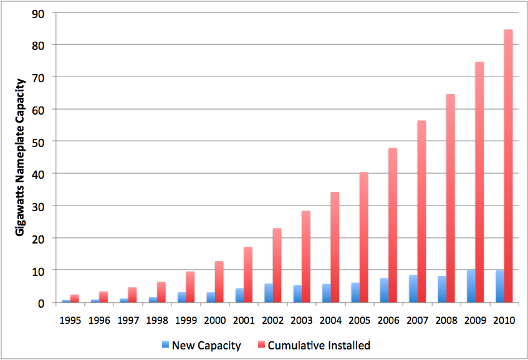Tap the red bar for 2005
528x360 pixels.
point(364,237)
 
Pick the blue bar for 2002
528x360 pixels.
point(268,293)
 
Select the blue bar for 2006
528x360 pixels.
point(384,290)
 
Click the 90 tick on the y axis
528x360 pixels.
point(39,12)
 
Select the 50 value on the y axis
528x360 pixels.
point(39,141)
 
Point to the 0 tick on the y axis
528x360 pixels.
point(42,303)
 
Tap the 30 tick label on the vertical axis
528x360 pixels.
point(39,206)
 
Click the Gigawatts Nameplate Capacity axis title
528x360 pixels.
point(20,156)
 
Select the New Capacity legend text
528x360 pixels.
point(206,346)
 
